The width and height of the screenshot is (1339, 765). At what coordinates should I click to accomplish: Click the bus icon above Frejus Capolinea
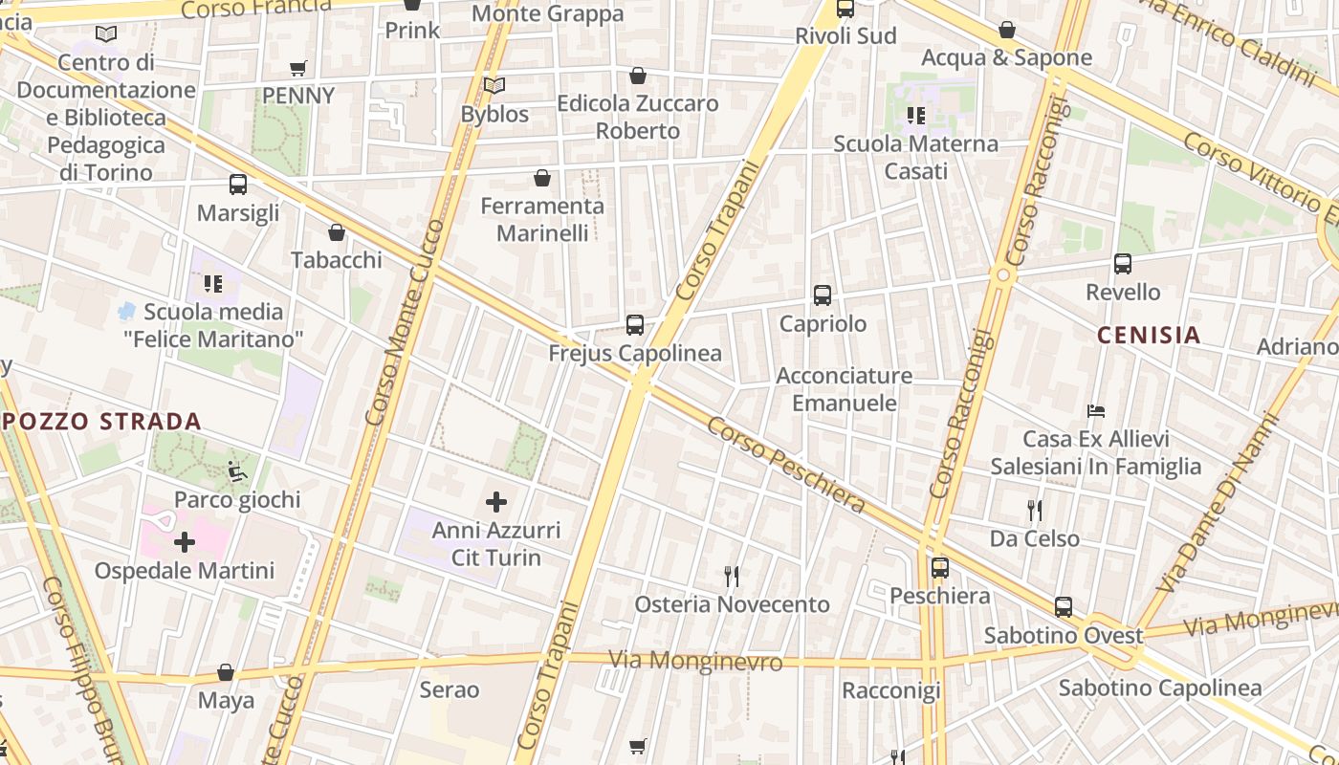(635, 325)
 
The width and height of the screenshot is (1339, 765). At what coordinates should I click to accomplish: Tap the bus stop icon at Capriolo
(823, 295)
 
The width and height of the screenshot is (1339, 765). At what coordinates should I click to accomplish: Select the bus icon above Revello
(1123, 264)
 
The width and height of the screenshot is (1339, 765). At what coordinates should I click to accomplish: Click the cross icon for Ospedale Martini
(185, 543)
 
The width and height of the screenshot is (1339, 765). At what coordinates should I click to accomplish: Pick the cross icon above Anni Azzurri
(496, 502)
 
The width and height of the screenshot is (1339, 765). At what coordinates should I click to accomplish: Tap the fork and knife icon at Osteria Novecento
(732, 576)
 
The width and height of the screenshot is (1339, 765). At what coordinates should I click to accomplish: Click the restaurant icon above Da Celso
(1034, 510)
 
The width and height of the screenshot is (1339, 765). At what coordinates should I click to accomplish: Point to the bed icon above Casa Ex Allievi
(1096, 411)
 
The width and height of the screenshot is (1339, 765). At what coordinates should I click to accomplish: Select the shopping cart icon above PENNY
(298, 68)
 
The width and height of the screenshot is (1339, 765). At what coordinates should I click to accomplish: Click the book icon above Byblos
(494, 86)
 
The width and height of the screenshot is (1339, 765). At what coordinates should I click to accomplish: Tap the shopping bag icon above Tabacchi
(337, 232)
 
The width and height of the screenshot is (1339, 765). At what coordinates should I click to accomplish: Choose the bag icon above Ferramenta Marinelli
(542, 178)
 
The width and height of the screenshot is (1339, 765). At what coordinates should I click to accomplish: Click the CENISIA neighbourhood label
(1148, 335)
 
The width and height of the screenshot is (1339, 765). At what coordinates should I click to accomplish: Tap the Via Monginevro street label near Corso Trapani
(695, 661)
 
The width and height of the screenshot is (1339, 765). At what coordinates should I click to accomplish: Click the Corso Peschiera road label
(786, 465)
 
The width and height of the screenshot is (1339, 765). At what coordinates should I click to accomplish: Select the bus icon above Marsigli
(238, 185)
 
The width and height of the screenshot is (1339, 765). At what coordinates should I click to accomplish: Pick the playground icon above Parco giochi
(237, 471)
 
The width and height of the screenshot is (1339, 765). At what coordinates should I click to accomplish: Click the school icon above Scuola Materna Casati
(916, 116)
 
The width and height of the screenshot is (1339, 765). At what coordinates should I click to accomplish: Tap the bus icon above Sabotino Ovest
(1064, 607)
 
